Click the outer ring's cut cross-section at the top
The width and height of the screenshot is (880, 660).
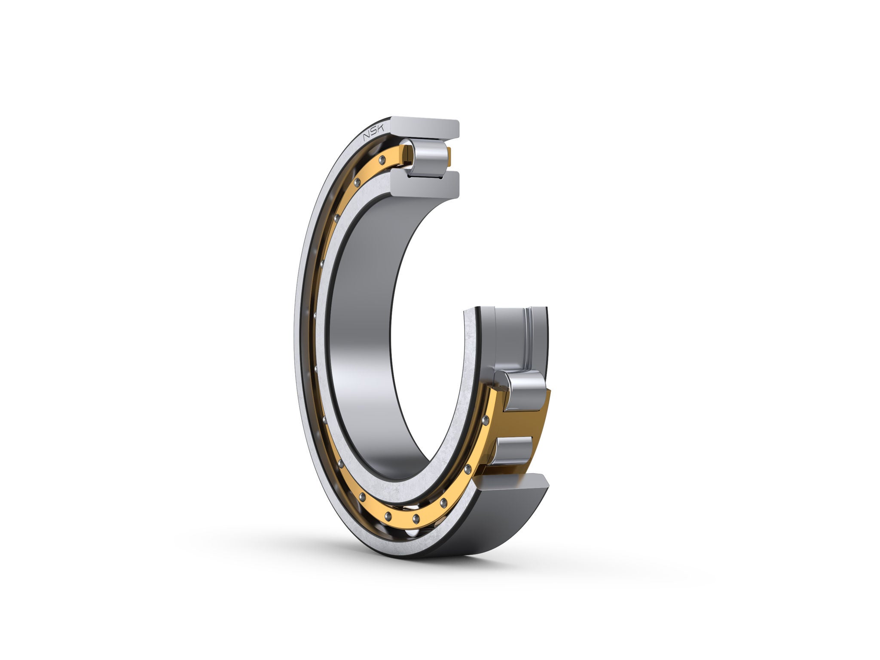(425, 128)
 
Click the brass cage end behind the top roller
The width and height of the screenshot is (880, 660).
(449, 157)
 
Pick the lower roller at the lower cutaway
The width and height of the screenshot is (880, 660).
(514, 450)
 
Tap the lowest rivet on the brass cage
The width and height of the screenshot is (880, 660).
(416, 519)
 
